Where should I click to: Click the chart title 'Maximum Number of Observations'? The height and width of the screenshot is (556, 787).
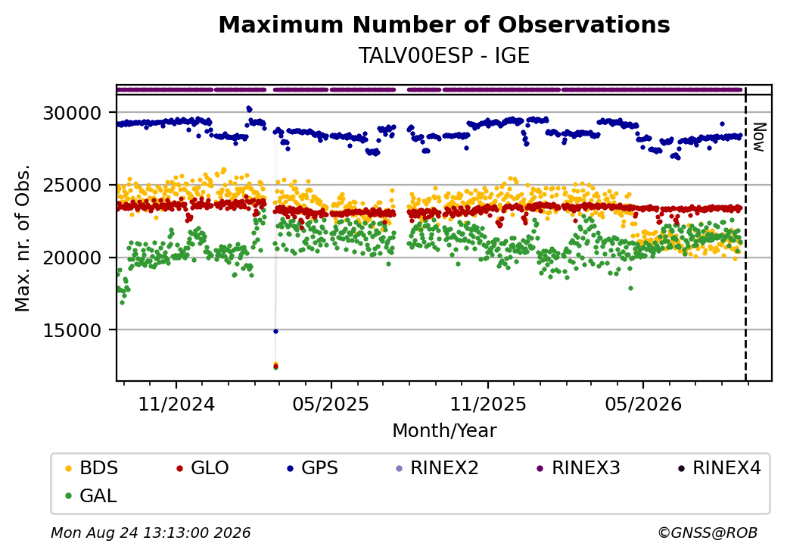(444, 24)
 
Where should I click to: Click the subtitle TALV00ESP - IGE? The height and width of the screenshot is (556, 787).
(444, 55)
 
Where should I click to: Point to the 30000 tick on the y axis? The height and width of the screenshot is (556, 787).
(73, 113)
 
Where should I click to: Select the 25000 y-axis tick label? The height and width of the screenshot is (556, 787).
(73, 186)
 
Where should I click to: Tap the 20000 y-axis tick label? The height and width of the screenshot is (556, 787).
(73, 258)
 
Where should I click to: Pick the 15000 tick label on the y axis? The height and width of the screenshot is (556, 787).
(73, 330)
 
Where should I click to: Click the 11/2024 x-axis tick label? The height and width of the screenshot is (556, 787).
(176, 405)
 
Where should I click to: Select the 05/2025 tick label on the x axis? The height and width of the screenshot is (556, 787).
(331, 405)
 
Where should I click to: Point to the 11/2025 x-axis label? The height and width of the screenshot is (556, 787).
(488, 405)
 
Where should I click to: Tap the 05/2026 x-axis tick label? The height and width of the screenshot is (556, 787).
(643, 405)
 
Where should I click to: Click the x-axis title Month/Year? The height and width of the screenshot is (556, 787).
(444, 431)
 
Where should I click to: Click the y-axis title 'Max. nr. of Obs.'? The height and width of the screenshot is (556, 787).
(23, 238)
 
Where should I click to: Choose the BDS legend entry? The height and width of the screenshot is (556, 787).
(92, 468)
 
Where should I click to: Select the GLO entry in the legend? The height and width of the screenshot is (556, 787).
(203, 468)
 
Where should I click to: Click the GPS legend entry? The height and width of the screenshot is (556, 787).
(313, 468)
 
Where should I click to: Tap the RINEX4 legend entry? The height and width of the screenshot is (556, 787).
(719, 468)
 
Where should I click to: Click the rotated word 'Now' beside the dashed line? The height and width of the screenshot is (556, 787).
(760, 137)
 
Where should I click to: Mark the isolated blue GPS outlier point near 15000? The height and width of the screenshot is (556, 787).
(275, 332)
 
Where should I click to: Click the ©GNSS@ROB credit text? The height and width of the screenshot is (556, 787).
(708, 533)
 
